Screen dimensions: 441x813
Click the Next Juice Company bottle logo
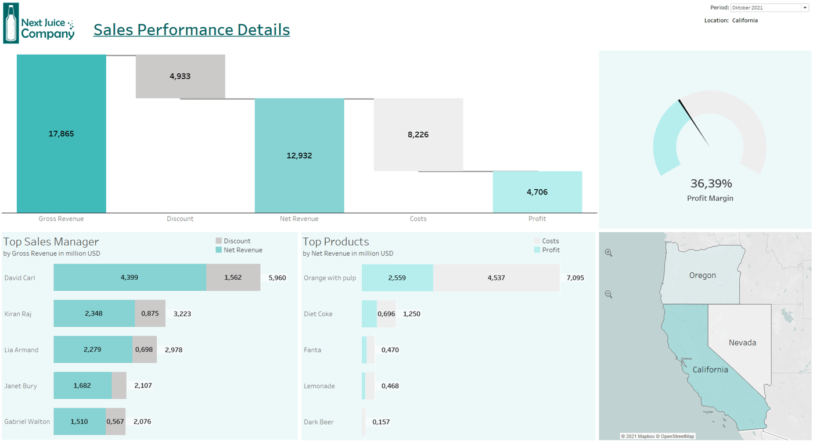point(11,23)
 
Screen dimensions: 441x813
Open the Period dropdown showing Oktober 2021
point(769,8)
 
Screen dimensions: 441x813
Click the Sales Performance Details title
point(192,30)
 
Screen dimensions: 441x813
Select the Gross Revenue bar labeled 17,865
point(61,133)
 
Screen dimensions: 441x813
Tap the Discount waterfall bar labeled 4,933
point(180,76)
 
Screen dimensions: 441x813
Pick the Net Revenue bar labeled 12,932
point(299,156)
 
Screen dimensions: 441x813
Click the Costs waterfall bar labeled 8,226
point(418,135)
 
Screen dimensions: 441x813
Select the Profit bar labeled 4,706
point(537,192)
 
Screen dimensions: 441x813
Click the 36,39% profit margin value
point(711,183)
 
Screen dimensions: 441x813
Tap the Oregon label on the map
point(702,275)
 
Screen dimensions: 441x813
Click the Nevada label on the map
point(742,342)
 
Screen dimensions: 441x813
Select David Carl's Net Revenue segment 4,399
point(129,277)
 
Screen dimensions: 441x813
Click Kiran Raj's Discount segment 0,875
point(150,313)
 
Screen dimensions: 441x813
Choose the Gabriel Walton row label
point(27,422)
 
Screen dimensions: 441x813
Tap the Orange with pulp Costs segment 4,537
point(496,277)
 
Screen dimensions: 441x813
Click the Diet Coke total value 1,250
point(411,314)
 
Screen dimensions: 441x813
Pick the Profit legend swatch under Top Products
point(537,250)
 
